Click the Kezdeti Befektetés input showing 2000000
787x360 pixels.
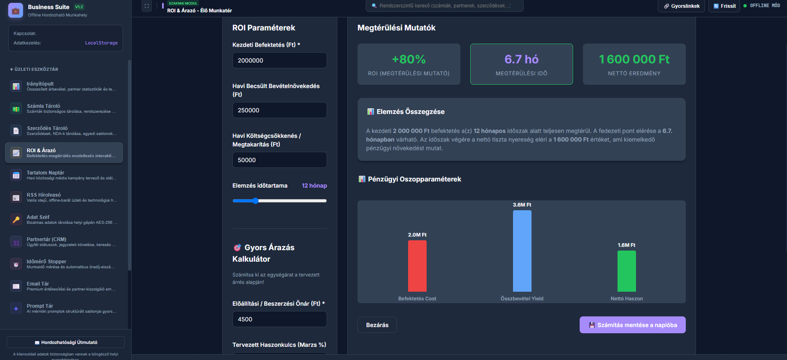coord(279,60)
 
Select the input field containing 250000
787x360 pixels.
coord(279,110)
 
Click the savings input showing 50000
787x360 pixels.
coord(279,160)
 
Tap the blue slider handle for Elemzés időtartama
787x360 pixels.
coord(255,201)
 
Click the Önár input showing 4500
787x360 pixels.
coord(279,319)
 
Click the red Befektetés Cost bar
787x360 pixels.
coord(417,266)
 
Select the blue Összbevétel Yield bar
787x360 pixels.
coord(522,251)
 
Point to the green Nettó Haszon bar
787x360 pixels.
coord(627,271)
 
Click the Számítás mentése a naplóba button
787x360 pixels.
coord(632,325)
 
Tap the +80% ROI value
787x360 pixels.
coord(409,59)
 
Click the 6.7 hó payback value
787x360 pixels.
coord(522,59)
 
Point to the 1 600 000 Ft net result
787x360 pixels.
coord(634,59)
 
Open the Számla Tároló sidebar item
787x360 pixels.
coord(64,109)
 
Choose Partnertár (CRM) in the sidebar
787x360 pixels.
coord(64,242)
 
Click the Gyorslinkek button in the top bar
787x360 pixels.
coord(682,6)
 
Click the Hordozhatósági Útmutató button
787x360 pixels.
coord(65,342)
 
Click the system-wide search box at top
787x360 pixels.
coord(445,6)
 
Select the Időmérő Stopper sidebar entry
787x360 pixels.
coord(64,264)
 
